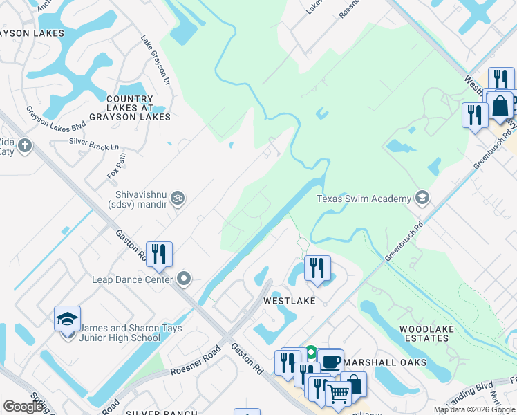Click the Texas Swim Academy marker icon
coord(422,199)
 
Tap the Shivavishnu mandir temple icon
coord(178,199)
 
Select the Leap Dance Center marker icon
coord(184,279)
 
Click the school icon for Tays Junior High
coord(68,320)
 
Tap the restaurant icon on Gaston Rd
coord(160,255)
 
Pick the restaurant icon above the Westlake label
coord(317,269)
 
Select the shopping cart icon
coord(337,394)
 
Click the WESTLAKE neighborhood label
coord(289,302)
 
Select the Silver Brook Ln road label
coord(94,144)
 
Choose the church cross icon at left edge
coord(25,146)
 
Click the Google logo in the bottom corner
coord(23,406)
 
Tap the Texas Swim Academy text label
coord(364,199)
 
